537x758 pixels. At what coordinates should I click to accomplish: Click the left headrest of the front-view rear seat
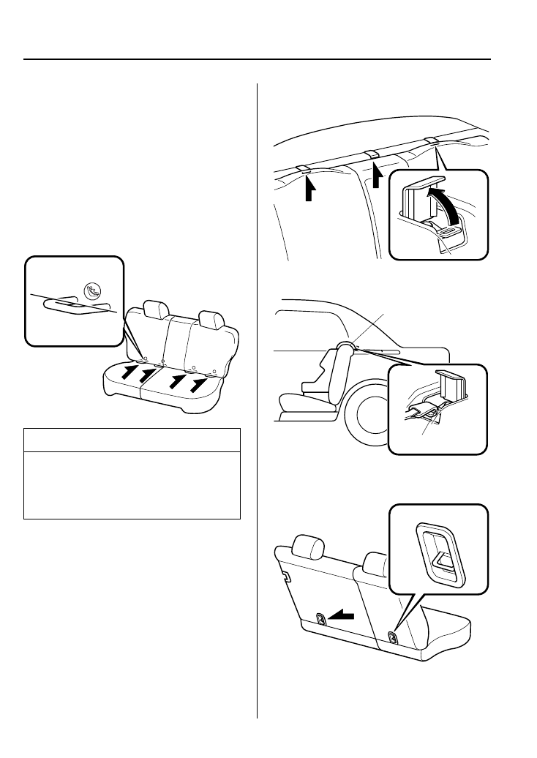[154, 309]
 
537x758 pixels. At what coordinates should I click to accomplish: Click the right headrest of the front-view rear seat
[211, 319]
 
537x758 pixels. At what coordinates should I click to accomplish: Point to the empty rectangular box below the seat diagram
[132, 474]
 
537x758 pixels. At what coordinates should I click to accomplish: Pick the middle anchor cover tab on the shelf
[372, 154]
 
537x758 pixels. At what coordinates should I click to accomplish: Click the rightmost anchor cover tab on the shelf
[431, 141]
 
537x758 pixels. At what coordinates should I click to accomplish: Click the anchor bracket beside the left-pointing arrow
[320, 619]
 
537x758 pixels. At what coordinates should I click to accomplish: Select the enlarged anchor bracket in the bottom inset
[439, 554]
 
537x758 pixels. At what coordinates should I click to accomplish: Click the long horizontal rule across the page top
[257, 59]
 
